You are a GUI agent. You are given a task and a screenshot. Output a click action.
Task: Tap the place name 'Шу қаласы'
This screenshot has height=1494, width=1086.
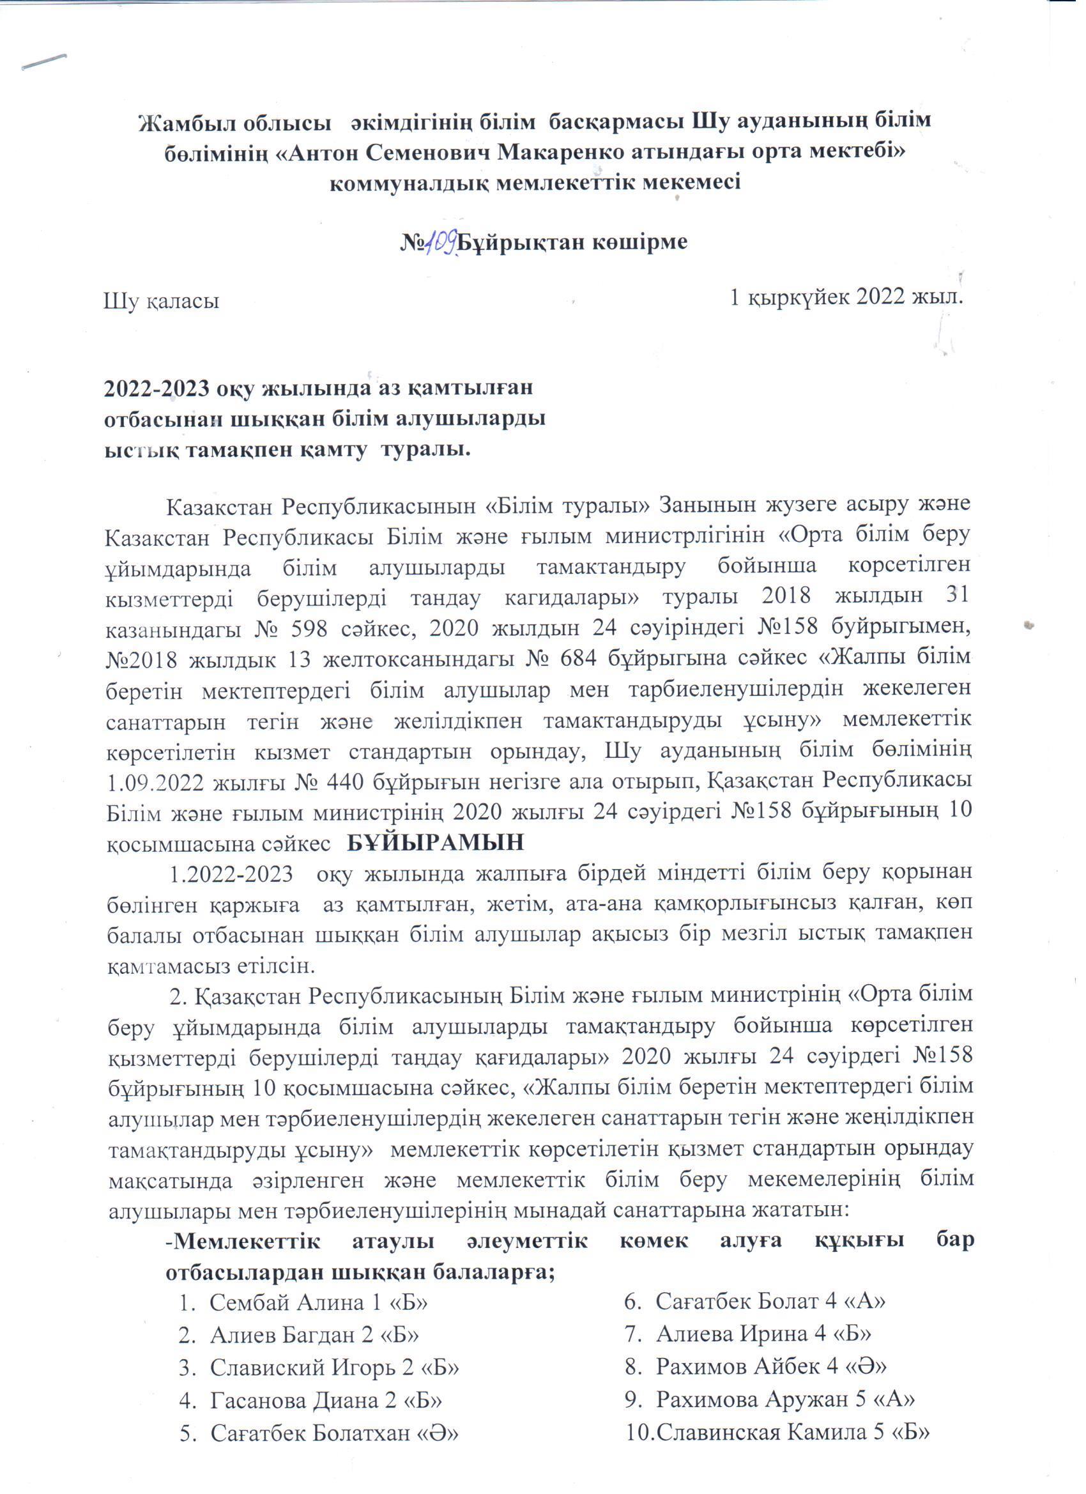[x=162, y=301]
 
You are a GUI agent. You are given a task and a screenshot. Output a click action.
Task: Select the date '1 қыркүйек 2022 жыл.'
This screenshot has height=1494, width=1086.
[x=847, y=298]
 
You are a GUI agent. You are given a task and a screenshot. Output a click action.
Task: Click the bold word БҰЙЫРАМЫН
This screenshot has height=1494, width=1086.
[x=435, y=843]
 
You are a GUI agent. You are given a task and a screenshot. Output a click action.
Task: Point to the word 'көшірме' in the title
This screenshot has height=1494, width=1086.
[x=635, y=242]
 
